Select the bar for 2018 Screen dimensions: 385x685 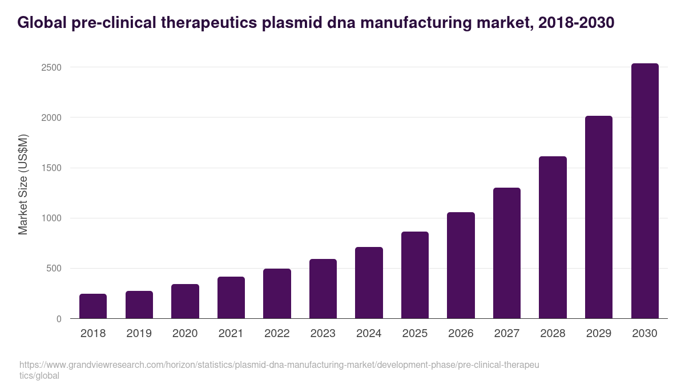tap(93, 306)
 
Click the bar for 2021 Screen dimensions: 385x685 tap(231, 298)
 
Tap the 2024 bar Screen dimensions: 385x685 tap(369, 283)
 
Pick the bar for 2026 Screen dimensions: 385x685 tap(461, 265)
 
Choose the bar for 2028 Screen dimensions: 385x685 tap(553, 237)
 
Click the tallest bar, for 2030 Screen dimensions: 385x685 tap(644, 191)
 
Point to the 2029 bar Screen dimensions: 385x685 tap(599, 217)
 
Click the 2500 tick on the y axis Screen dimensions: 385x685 tap(51, 67)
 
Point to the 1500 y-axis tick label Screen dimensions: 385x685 tap(51, 168)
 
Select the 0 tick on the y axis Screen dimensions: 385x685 tap(59, 319)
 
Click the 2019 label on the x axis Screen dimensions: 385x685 tap(139, 334)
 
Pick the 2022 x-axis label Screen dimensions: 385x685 tap(277, 334)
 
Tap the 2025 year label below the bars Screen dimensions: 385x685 tap(415, 334)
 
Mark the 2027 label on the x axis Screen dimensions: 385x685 tap(507, 334)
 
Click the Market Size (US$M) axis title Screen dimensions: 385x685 tap(23, 185)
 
